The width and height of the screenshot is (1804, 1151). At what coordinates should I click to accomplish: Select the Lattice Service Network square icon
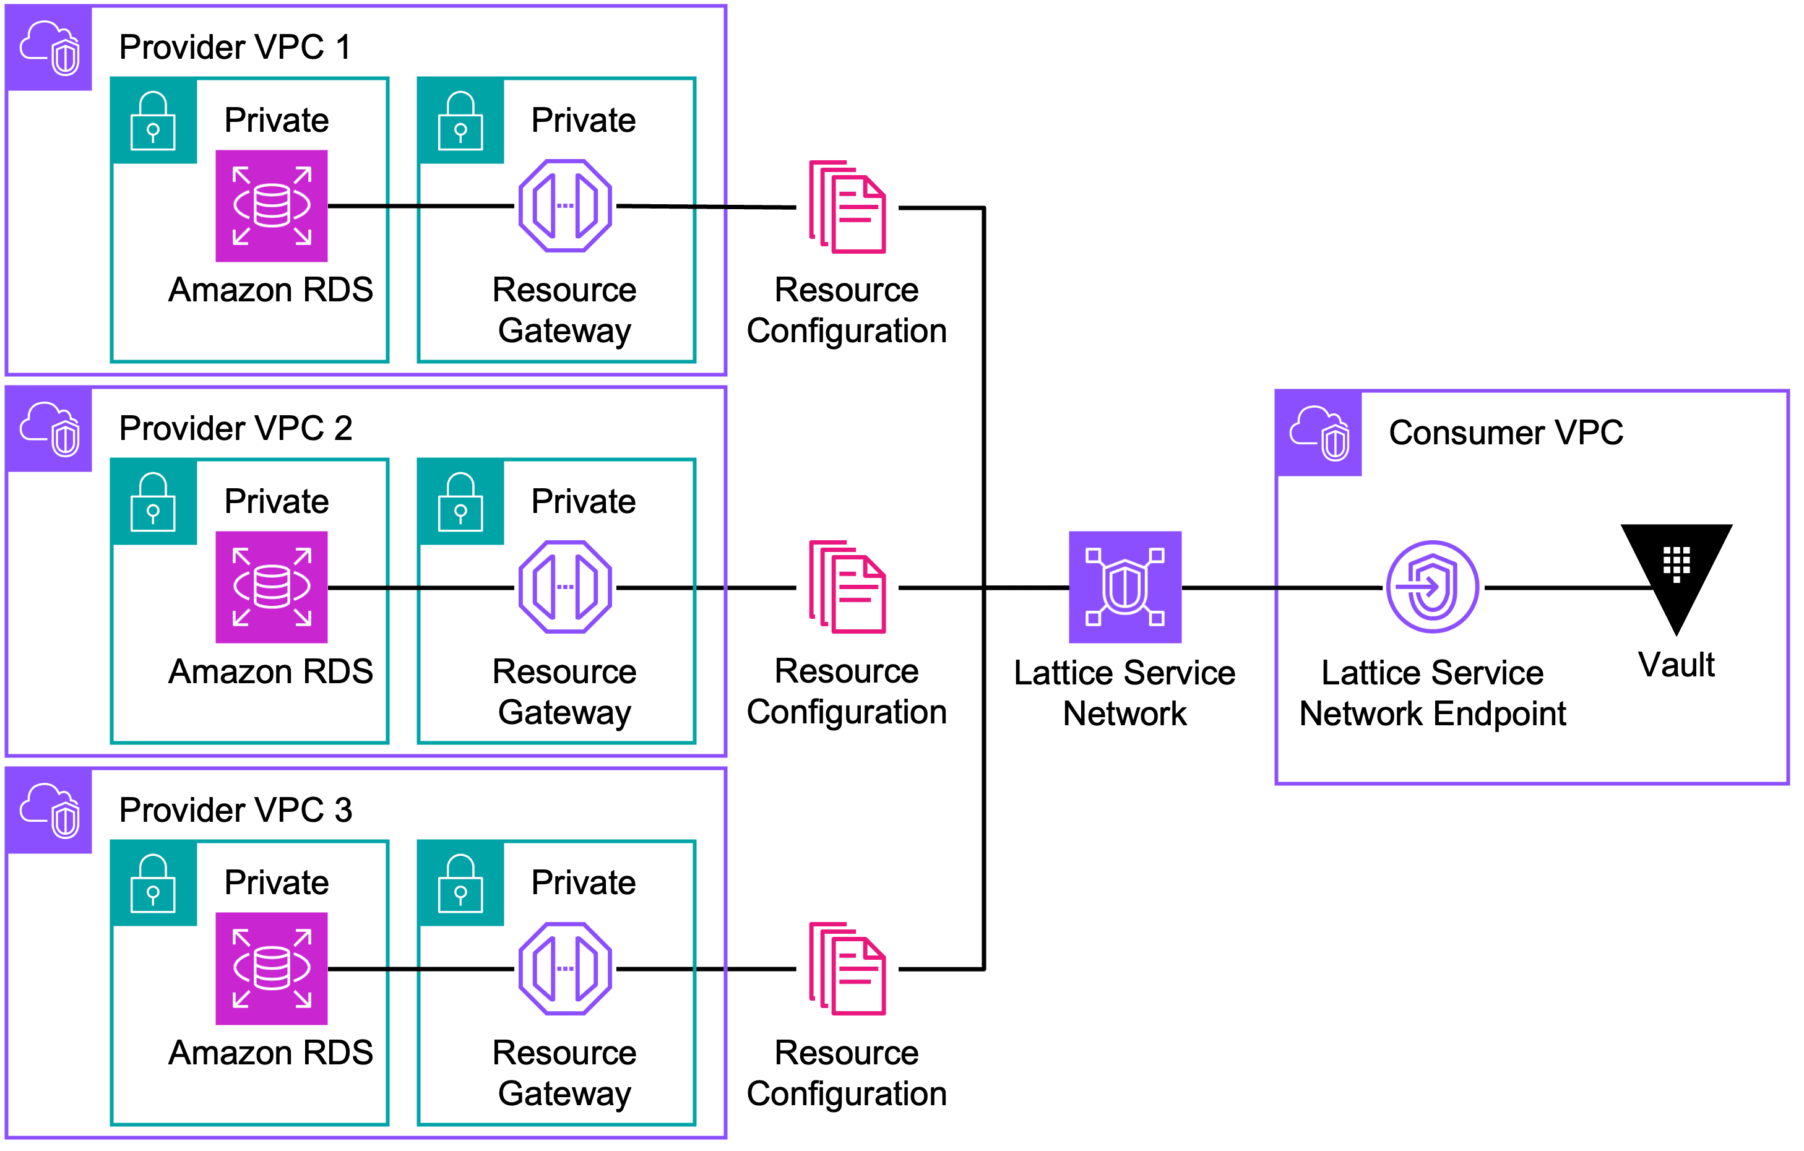[1124, 587]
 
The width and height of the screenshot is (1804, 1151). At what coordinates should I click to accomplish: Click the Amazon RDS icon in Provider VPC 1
[271, 206]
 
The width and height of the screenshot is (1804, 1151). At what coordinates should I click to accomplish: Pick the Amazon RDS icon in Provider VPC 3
[271, 968]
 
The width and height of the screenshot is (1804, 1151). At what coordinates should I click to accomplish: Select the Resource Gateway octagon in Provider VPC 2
[565, 587]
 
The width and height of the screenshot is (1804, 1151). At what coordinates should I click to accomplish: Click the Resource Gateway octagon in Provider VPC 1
[565, 206]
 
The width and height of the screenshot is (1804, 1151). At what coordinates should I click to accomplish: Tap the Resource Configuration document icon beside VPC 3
[847, 968]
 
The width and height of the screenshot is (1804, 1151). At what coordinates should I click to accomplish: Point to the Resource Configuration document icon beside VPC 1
[847, 207]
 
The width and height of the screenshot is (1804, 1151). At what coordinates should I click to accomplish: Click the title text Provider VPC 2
[235, 429]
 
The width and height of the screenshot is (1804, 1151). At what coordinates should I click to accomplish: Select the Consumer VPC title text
[1505, 433]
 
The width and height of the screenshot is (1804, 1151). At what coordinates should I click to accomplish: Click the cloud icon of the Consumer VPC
[1319, 433]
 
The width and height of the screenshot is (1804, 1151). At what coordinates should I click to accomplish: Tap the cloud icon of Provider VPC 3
[50, 810]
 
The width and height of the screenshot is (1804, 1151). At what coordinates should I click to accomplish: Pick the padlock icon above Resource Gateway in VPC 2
[460, 501]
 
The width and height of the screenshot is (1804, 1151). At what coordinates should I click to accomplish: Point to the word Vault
[1676, 665]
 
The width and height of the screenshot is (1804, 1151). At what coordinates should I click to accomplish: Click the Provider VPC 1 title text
[235, 47]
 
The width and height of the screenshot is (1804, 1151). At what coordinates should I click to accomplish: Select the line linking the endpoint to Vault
[1566, 587]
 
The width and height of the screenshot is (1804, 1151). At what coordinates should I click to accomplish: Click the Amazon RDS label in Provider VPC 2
[270, 671]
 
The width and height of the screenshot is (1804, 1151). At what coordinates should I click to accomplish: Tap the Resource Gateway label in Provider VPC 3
[564, 1073]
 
